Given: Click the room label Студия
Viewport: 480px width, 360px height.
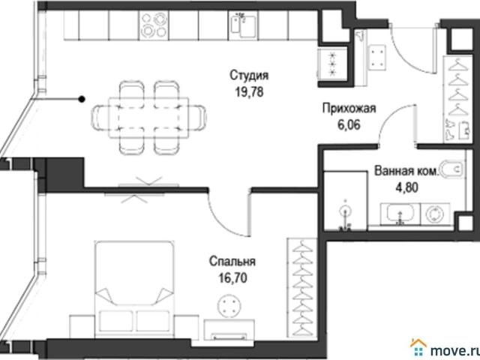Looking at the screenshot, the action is tap(249, 75).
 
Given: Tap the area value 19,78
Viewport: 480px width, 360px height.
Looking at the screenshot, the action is tap(249, 91).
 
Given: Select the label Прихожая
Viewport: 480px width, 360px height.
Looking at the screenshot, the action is tap(349, 108).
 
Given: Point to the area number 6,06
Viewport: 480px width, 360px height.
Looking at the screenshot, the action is tap(349, 124).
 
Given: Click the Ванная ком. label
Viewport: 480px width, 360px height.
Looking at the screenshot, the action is tap(406, 170).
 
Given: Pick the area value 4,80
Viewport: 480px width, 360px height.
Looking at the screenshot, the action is tap(407, 187).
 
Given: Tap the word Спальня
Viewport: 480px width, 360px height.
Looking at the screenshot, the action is tap(232, 262).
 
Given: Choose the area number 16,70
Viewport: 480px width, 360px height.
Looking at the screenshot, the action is tap(232, 278).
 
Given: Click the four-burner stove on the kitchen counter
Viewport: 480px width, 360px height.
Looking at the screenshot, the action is tap(154, 25).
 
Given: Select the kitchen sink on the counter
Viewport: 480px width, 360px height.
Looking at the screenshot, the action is tap(243, 25).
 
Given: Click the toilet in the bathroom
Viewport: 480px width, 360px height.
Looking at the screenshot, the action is tap(451, 168).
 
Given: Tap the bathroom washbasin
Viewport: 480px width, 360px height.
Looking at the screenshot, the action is tap(400, 213).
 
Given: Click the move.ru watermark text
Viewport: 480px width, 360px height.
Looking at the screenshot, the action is tap(454, 350).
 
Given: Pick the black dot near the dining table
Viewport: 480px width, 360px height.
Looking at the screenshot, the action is tap(82, 99).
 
